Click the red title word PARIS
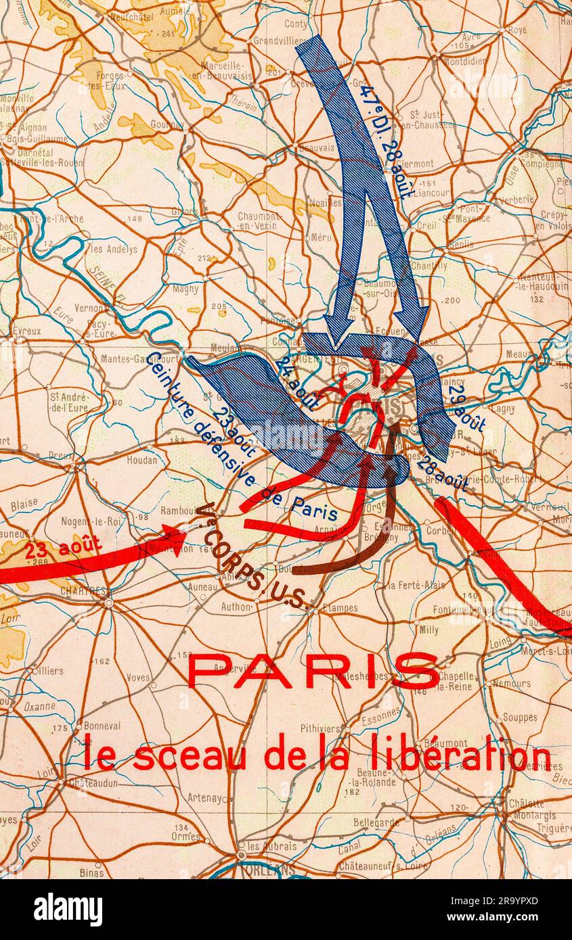point(313,671)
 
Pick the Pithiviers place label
point(321,728)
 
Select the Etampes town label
point(340,608)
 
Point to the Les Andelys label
point(114,249)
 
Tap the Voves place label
point(138,677)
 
